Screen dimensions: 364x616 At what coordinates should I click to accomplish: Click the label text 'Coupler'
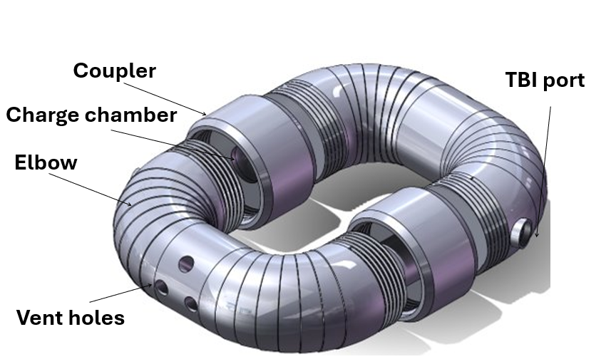[114, 71]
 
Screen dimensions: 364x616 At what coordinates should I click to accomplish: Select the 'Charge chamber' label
[91, 115]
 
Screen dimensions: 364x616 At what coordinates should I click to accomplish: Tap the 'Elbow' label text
[46, 162]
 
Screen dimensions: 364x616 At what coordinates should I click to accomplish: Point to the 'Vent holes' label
[70, 317]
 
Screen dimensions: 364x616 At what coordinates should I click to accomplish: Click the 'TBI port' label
[545, 80]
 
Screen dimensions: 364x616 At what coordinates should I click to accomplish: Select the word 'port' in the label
[565, 80]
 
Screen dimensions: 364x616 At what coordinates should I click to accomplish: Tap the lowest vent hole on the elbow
[191, 304]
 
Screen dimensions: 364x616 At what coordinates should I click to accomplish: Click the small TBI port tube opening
[523, 233]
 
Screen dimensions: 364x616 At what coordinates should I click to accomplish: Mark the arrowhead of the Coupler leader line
[206, 113]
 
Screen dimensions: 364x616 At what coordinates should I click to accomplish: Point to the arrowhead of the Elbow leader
[131, 204]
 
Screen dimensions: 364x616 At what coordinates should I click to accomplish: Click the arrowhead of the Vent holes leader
[151, 286]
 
